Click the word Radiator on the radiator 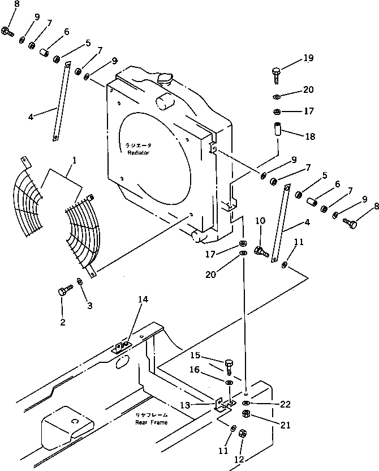click(138, 152)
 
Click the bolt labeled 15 click(229, 365)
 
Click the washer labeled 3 click(79, 281)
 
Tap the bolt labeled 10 click(261, 251)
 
